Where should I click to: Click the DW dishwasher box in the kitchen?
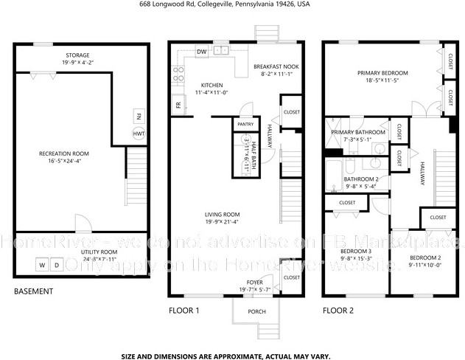pyautogui.click(x=202, y=52)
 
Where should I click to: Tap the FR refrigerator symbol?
pyautogui.click(x=178, y=104)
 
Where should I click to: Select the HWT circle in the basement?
pyautogui.click(x=139, y=134)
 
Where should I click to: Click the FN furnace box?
pyautogui.click(x=139, y=116)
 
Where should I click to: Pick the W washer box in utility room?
pyautogui.click(x=42, y=264)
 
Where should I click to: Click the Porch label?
pyautogui.click(x=256, y=311)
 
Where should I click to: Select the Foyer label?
pyautogui.click(x=254, y=283)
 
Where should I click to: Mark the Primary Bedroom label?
pyautogui.click(x=382, y=73)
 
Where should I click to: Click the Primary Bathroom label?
pyautogui.click(x=358, y=132)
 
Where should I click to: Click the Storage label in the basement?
pyautogui.click(x=77, y=55)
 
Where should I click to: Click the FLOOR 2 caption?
pyautogui.click(x=338, y=311)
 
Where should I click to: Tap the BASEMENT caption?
pyautogui.click(x=34, y=291)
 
